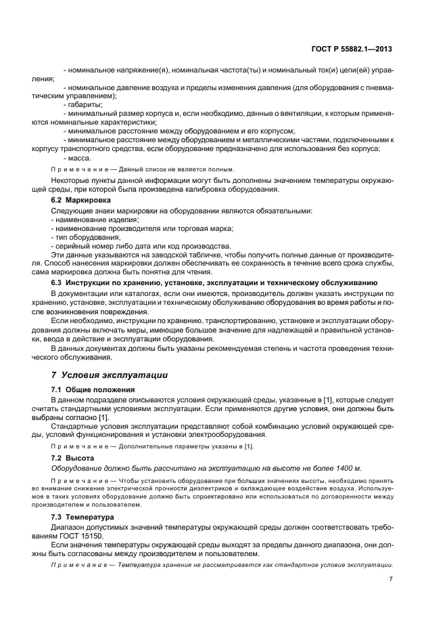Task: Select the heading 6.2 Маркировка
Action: pos(76,200)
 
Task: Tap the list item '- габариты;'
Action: pos(83,104)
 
